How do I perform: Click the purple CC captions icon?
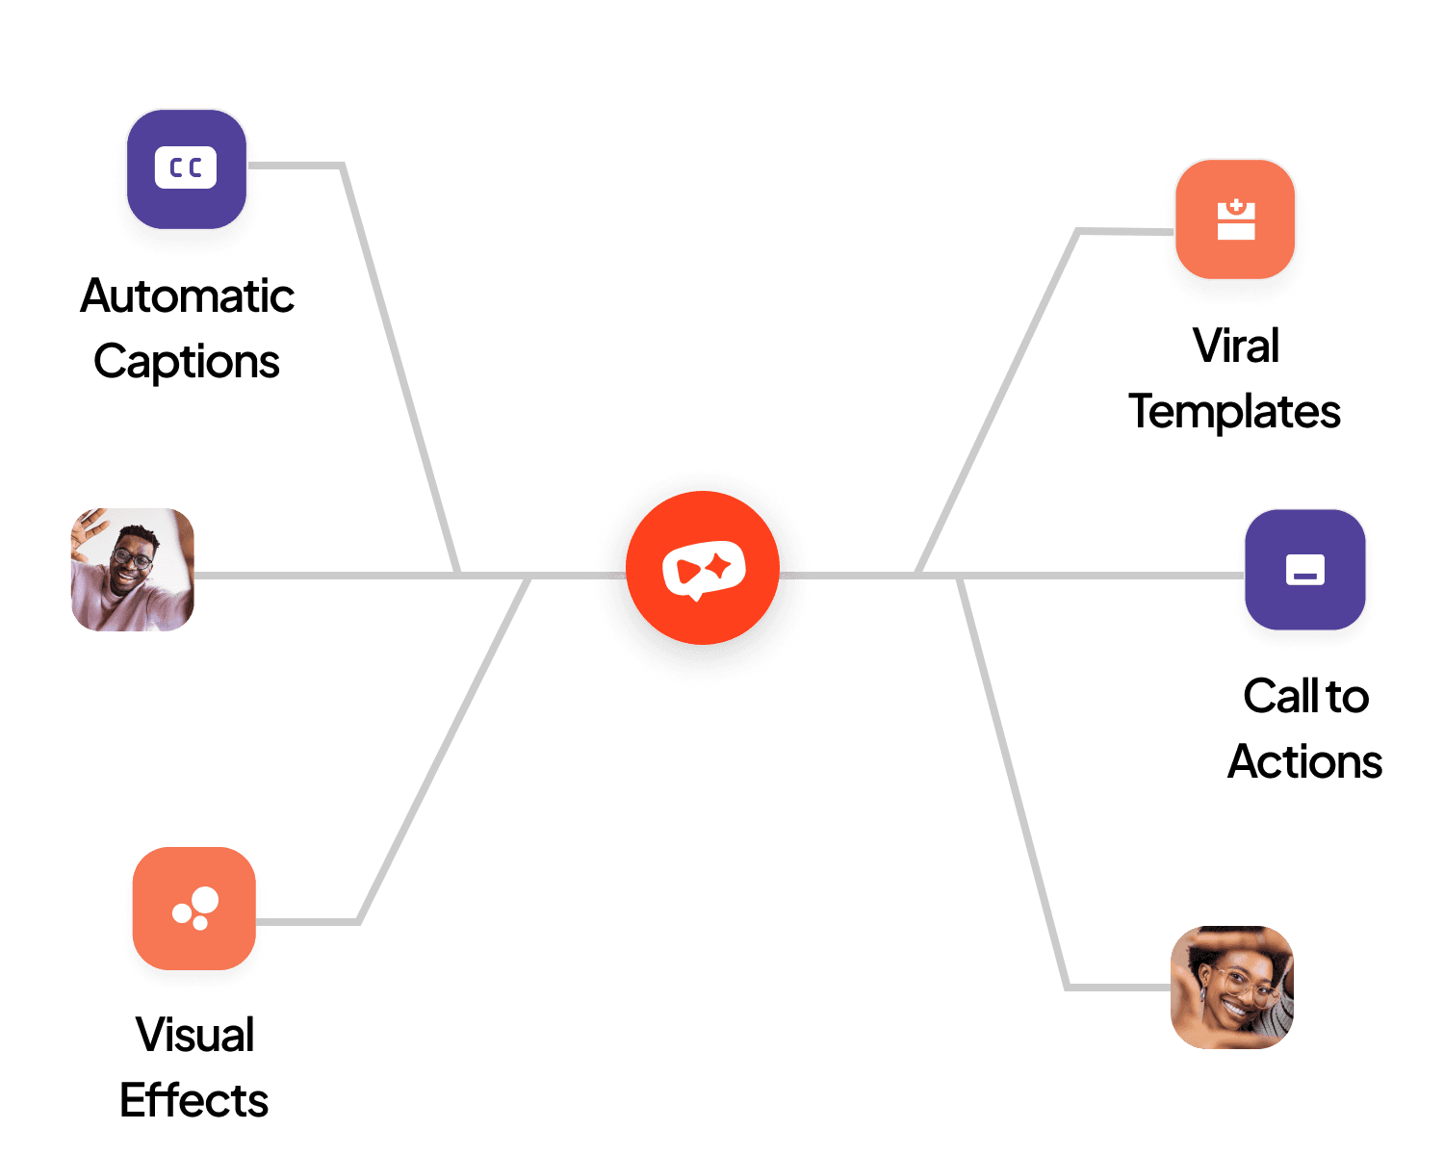pyautogui.click(x=187, y=169)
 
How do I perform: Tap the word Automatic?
pyautogui.click(x=188, y=295)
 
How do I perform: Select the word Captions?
pyautogui.click(x=187, y=362)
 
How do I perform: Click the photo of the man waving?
pyautogui.click(x=133, y=570)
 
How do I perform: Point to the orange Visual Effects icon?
pyautogui.click(x=194, y=908)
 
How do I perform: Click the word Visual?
pyautogui.click(x=195, y=1035)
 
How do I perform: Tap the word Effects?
pyautogui.click(x=194, y=1100)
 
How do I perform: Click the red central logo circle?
pyautogui.click(x=703, y=568)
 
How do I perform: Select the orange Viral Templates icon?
pyautogui.click(x=1235, y=219)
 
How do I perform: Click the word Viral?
pyautogui.click(x=1236, y=346)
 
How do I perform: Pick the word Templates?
pyautogui.click(x=1235, y=412)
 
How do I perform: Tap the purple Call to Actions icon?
pyautogui.click(x=1305, y=570)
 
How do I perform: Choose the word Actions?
pyautogui.click(x=1305, y=761)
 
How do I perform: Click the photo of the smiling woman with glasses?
pyautogui.click(x=1232, y=988)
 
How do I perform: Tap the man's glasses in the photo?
pyautogui.click(x=132, y=556)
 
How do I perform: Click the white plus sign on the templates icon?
pyautogui.click(x=1236, y=205)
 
